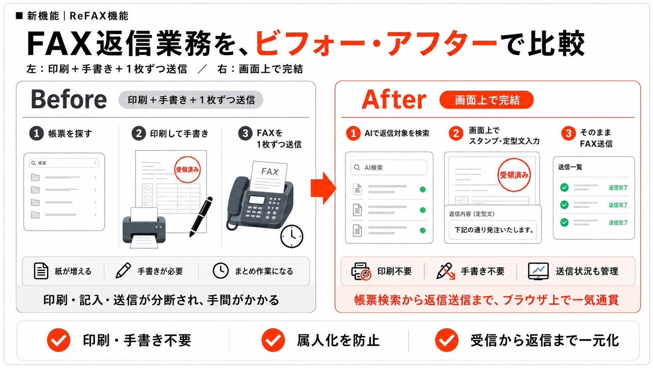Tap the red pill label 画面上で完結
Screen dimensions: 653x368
click(487, 100)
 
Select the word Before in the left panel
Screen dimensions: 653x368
click(69, 99)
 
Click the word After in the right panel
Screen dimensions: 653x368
click(394, 99)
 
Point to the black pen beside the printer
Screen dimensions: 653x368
click(201, 217)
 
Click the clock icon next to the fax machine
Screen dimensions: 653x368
click(292, 236)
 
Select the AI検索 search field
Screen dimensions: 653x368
click(389, 167)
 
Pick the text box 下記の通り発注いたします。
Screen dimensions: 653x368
click(493, 230)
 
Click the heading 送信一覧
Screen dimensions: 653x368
click(570, 167)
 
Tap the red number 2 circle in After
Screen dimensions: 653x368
click(456, 133)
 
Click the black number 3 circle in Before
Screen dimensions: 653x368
click(245, 133)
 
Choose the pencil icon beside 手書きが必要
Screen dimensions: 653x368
click(123, 271)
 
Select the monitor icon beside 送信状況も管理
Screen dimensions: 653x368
click(538, 271)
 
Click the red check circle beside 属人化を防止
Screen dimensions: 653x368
click(273, 340)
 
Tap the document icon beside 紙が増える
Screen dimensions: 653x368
click(41, 271)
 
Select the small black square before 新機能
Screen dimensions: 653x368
click(19, 16)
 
